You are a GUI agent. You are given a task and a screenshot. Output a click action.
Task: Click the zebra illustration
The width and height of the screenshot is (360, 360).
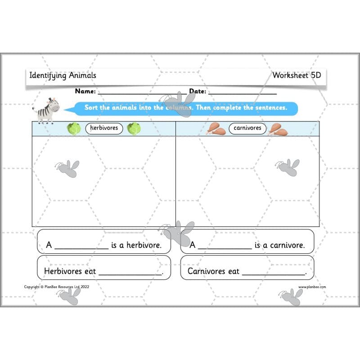(x=47, y=110)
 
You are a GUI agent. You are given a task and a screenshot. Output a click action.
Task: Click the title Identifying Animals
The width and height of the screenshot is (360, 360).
(x=63, y=75)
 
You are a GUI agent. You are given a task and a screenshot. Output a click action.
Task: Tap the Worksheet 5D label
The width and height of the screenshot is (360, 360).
(x=297, y=75)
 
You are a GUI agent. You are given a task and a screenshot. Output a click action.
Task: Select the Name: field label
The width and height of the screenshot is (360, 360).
(x=85, y=91)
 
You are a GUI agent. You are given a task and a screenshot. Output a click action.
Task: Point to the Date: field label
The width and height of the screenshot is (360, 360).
(x=198, y=91)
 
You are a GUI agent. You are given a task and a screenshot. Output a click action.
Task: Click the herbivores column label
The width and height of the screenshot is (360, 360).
(x=104, y=128)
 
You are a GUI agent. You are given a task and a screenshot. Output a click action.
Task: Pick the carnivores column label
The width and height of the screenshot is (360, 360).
(x=247, y=128)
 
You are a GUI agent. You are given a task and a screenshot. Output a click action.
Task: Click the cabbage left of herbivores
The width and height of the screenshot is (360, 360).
(x=74, y=129)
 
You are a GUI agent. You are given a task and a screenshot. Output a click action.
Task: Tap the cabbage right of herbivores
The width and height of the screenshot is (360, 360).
(x=134, y=129)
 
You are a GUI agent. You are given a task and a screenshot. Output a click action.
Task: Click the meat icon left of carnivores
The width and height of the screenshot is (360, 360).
(x=216, y=129)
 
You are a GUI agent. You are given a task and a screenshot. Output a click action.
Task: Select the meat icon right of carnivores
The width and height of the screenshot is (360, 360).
(x=278, y=129)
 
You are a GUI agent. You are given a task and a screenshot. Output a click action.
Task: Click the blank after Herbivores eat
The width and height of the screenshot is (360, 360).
(x=130, y=273)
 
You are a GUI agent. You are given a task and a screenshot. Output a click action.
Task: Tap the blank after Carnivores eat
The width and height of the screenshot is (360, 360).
(x=273, y=273)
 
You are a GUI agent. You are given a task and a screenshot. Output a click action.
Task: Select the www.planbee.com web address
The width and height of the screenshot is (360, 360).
(x=312, y=287)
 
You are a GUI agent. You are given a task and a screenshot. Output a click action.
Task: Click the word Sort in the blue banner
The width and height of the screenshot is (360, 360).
(x=92, y=108)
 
